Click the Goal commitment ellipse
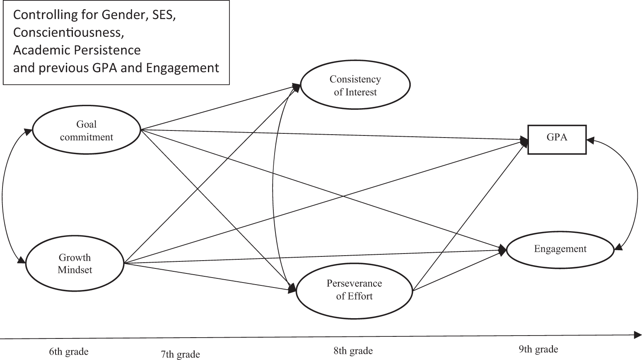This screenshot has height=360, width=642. point(86,130)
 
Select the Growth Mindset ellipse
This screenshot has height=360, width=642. point(75,263)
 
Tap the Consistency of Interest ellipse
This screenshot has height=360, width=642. point(355,85)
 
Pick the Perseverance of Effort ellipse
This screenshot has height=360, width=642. point(354,290)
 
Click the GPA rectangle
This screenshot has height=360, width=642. point(557,139)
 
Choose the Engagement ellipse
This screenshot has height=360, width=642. point(560,249)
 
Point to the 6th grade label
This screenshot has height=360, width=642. point(69,352)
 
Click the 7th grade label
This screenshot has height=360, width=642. point(180,354)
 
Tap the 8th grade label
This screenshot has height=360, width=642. point(353,351)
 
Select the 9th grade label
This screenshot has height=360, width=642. point(538,349)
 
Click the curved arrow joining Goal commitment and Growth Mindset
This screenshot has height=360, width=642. point(3,195)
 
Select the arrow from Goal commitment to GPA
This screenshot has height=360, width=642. point(331,135)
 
